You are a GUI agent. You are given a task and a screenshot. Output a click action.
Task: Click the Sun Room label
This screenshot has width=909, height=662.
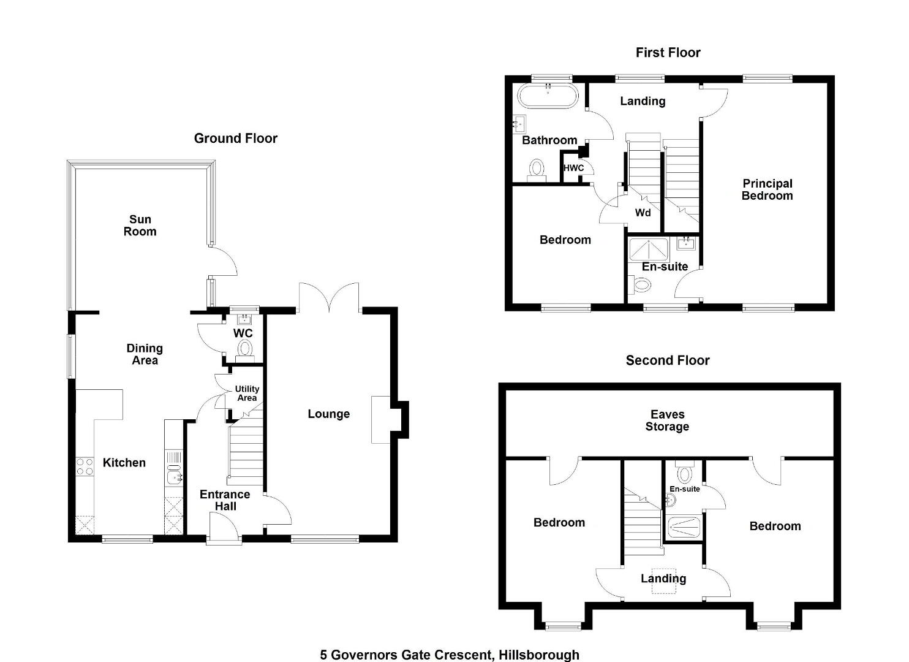click(x=140, y=226)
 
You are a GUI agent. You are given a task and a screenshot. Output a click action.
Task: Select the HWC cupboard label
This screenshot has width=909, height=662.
click(x=573, y=168)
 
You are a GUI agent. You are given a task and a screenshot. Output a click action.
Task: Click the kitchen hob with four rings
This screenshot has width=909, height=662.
click(x=85, y=466)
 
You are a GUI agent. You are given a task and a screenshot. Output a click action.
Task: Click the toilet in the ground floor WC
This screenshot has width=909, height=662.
click(x=245, y=351)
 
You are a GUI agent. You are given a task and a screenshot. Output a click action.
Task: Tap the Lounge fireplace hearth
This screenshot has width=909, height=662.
click(x=381, y=419)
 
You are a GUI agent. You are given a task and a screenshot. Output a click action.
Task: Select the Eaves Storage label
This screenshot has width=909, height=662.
click(x=668, y=420)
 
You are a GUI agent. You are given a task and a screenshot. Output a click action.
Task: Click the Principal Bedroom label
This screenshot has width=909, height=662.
click(x=767, y=189)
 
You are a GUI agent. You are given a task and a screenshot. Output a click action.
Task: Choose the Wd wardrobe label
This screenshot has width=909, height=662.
click(x=643, y=213)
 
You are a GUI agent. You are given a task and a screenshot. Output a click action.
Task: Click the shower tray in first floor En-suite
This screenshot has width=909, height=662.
click(x=649, y=249)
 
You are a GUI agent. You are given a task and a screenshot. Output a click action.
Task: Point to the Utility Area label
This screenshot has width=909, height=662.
click(x=247, y=394)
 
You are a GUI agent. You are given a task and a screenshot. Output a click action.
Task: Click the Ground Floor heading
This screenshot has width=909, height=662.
click(x=235, y=139)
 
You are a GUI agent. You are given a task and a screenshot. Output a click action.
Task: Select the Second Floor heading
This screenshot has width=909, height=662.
click(x=668, y=360)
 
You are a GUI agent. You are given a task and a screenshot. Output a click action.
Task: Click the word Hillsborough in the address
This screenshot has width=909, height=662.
click(x=539, y=655)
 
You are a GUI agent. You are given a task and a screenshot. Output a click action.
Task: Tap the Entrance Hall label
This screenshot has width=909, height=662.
click(x=225, y=500)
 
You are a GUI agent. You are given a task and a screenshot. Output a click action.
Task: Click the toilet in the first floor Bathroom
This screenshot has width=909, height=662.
click(x=537, y=170)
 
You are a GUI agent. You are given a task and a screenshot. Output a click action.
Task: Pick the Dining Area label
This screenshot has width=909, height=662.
click(x=145, y=354)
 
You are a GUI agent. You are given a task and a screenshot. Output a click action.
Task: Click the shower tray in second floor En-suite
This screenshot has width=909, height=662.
click(x=684, y=528)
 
